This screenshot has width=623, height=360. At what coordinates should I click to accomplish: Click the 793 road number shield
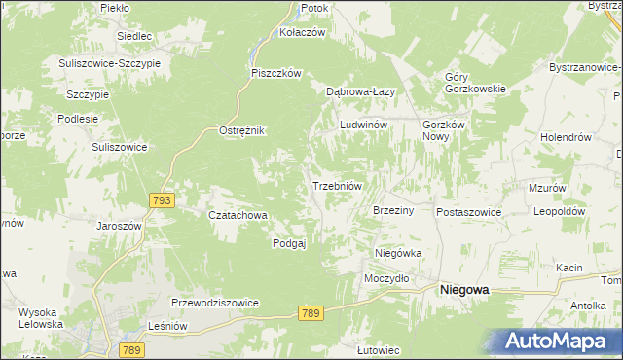[163, 200]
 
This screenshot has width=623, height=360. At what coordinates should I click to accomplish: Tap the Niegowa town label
[464, 290]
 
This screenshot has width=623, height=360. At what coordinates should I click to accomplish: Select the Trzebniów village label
[337, 186]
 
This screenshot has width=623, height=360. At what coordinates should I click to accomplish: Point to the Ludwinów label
[364, 126]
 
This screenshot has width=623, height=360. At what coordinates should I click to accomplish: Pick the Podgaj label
[289, 243]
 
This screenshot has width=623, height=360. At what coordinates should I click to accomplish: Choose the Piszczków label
[277, 73]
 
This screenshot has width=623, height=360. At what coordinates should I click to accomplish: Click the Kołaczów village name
[301, 31]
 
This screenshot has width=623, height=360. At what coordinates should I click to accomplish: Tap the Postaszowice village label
[469, 211]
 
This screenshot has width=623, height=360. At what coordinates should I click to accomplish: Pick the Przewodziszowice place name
[215, 303]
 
